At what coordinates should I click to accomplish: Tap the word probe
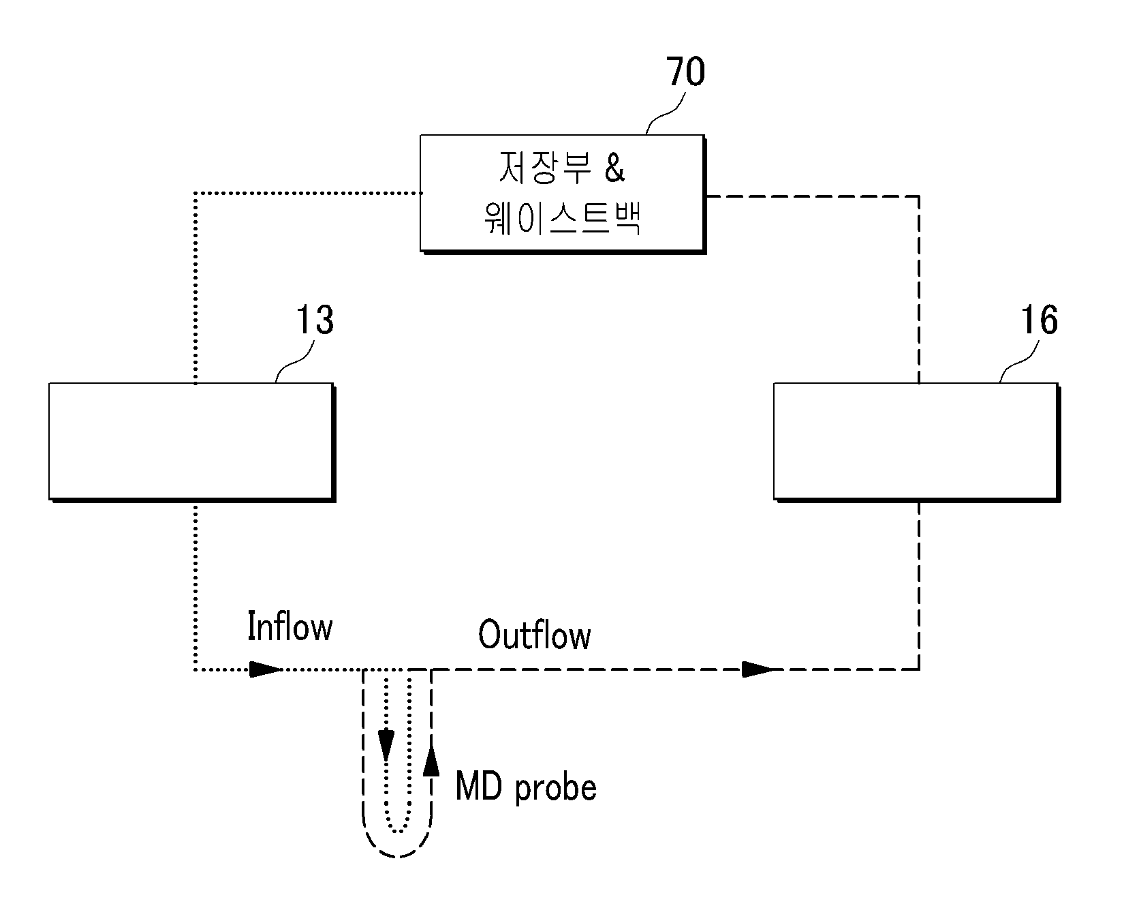point(556,789)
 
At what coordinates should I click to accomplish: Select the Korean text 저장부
point(536,168)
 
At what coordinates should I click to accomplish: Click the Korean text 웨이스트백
point(563,219)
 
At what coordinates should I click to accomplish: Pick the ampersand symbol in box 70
point(614,168)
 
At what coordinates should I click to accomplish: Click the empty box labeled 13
point(191,442)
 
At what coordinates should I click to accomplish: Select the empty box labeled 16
point(916,442)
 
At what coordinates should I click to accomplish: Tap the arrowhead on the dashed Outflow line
point(759,669)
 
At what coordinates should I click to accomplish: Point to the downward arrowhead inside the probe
point(387,745)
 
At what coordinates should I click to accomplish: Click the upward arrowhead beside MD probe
point(431,760)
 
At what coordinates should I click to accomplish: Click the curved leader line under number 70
point(666,113)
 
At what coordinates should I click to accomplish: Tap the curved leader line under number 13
point(295,361)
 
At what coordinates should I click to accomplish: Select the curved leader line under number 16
point(1020,361)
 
